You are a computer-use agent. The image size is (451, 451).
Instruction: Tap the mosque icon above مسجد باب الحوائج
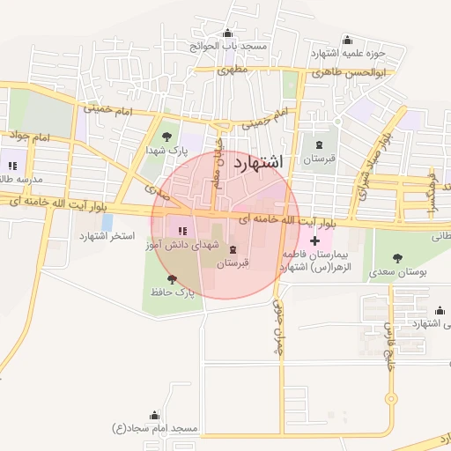(x=230, y=33)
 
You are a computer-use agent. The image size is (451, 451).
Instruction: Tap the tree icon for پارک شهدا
(x=167, y=137)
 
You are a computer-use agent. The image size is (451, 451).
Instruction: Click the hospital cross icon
(x=315, y=240)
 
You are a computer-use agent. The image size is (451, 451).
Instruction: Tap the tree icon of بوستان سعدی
(x=398, y=257)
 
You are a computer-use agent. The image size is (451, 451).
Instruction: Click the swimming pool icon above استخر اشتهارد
(x=107, y=222)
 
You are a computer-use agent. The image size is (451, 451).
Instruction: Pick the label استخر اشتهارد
(x=107, y=236)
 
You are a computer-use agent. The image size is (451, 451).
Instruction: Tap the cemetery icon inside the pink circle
(x=233, y=249)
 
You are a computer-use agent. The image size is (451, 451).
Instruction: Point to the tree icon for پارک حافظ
(x=172, y=278)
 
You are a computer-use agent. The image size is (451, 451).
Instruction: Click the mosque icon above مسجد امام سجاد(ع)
(x=156, y=415)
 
